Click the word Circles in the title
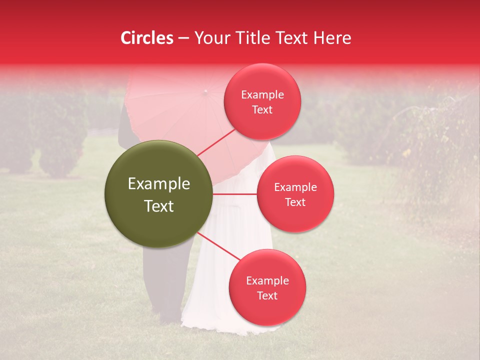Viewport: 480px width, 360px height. (x=147, y=38)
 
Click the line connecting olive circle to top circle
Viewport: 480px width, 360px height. (x=216, y=142)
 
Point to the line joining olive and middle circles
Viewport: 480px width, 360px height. (x=234, y=194)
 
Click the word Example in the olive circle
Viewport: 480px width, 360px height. (x=159, y=184)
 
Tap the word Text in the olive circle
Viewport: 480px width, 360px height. (x=159, y=206)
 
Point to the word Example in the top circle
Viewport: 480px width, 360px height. (x=262, y=95)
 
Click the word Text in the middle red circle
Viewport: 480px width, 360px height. (x=295, y=202)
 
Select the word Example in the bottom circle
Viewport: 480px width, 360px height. (x=267, y=281)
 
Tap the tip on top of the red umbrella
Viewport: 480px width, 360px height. (x=204, y=91)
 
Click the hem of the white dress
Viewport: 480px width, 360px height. (x=225, y=327)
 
